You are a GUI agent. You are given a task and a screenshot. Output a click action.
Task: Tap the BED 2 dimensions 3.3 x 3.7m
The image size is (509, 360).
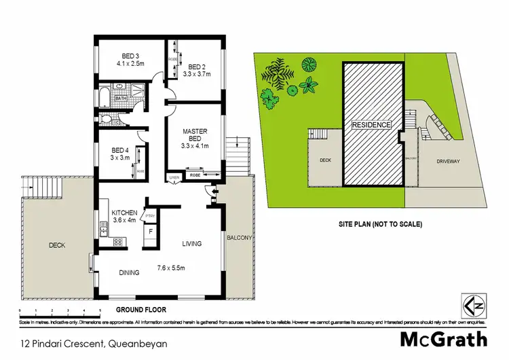pyautogui.click(x=197, y=75)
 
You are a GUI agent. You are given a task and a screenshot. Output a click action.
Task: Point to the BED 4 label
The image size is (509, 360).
pyautogui.click(x=121, y=150)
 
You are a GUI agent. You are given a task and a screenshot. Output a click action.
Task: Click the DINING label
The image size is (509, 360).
pyautogui.click(x=128, y=272)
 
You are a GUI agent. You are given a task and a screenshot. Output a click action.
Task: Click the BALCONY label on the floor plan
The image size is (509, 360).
pyautogui.click(x=240, y=238)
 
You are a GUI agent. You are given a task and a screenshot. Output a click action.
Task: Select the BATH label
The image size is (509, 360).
pyautogui.click(x=121, y=98)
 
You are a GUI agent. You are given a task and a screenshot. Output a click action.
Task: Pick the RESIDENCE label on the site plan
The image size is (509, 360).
pyautogui.click(x=371, y=125)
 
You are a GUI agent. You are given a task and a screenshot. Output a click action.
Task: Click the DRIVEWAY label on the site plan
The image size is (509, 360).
pyautogui.click(x=445, y=161)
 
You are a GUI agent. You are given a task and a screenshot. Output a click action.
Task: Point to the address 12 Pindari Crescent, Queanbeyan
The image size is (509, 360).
pyautogui.click(x=84, y=344)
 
